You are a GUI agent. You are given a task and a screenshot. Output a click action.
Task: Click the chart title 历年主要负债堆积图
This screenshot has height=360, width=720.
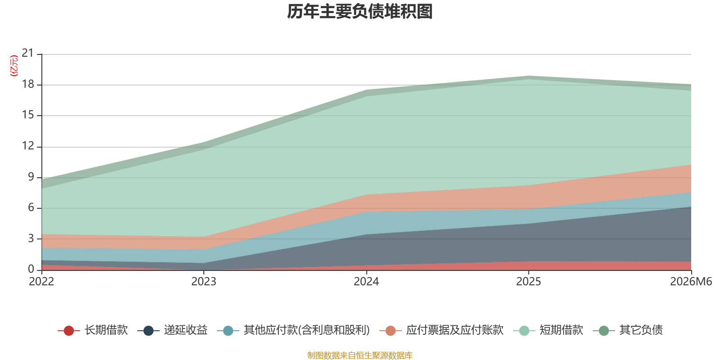(x=360, y=12)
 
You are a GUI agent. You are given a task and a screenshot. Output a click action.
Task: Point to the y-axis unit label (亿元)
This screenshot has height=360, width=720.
(x=14, y=66)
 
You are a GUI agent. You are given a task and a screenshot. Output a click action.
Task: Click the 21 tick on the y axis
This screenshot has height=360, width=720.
(x=28, y=53)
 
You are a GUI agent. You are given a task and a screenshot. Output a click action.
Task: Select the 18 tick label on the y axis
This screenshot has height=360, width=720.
(x=28, y=84)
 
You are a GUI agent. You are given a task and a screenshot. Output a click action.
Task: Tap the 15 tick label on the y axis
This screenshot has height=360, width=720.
(x=28, y=115)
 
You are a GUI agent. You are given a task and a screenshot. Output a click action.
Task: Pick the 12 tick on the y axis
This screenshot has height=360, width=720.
(x=28, y=146)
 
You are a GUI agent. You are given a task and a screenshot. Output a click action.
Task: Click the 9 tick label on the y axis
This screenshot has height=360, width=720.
(x=31, y=177)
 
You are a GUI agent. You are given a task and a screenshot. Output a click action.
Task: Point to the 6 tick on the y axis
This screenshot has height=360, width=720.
(x=31, y=207)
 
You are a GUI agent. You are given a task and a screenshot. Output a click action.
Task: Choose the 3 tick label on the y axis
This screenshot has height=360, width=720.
(x=31, y=238)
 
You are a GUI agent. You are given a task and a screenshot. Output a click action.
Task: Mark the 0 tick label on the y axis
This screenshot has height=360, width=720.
(x=31, y=269)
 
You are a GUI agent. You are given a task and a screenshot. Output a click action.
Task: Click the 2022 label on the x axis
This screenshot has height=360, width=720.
(x=41, y=282)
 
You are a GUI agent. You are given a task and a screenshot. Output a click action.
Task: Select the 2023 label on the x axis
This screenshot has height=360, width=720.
(x=204, y=282)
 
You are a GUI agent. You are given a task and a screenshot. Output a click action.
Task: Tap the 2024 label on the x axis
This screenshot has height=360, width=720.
(x=366, y=282)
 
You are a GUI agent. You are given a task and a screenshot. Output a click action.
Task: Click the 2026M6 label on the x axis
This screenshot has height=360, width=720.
(x=691, y=282)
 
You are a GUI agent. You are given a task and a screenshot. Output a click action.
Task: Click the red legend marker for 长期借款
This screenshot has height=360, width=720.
(x=69, y=330)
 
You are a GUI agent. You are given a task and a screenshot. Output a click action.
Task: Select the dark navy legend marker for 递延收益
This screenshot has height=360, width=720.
(x=148, y=330)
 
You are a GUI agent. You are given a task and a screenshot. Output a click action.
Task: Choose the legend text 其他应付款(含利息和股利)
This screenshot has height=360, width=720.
(x=306, y=330)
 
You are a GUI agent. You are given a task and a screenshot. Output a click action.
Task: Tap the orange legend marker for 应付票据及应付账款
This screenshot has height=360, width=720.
(x=391, y=330)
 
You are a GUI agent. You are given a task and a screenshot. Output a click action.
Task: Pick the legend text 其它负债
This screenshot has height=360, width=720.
(x=641, y=330)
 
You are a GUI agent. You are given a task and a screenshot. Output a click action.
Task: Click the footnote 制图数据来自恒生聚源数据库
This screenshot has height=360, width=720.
(x=360, y=355)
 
